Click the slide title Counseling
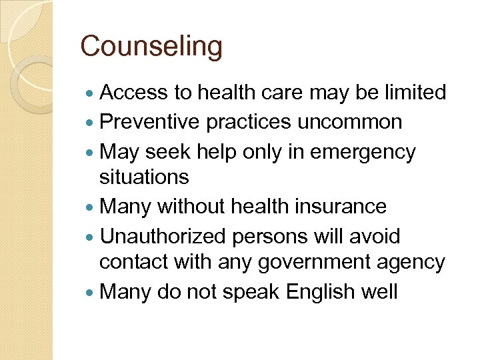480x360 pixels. tap(151, 47)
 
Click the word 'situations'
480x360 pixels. tap(144, 177)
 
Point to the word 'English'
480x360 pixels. tap(312, 292)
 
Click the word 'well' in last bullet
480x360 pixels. tap(377, 292)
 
